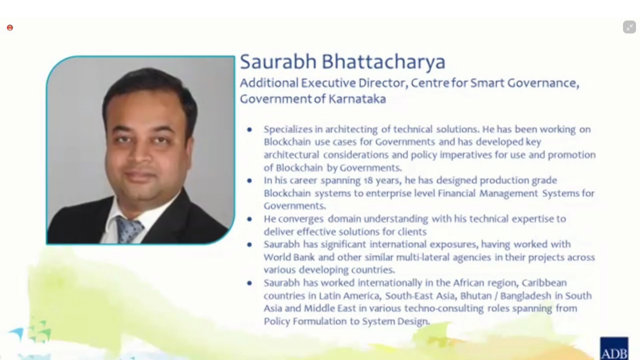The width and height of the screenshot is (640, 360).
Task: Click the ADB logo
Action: coord(614,348)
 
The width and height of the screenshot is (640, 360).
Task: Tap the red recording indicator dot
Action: coord(10,27)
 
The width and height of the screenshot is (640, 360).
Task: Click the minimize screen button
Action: coord(629,27)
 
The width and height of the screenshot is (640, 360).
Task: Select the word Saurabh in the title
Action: coord(278,61)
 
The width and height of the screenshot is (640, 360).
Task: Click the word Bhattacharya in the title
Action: coord(383,62)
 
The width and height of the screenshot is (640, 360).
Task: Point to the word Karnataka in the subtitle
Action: coord(357,99)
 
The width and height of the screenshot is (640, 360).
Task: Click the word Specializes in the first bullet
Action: coord(288,129)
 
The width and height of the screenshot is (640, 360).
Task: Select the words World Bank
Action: coord(289,257)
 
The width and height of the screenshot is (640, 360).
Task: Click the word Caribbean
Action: coord(544,283)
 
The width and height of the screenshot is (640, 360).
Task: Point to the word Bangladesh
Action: coord(525,295)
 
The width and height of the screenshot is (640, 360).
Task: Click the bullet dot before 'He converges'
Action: coord(249,219)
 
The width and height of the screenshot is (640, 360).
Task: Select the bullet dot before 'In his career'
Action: coord(249,180)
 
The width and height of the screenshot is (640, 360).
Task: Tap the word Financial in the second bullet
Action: coord(456,193)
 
